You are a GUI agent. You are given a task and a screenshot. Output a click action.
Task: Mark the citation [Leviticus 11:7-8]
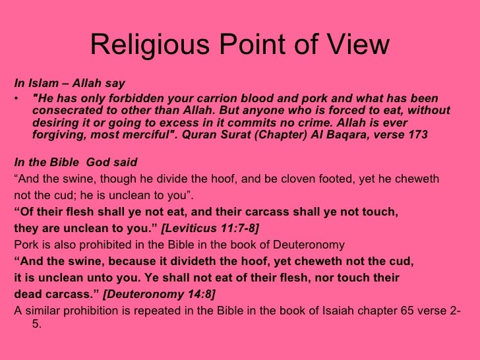point(210,228)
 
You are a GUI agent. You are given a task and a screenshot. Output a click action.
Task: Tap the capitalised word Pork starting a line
point(26,245)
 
